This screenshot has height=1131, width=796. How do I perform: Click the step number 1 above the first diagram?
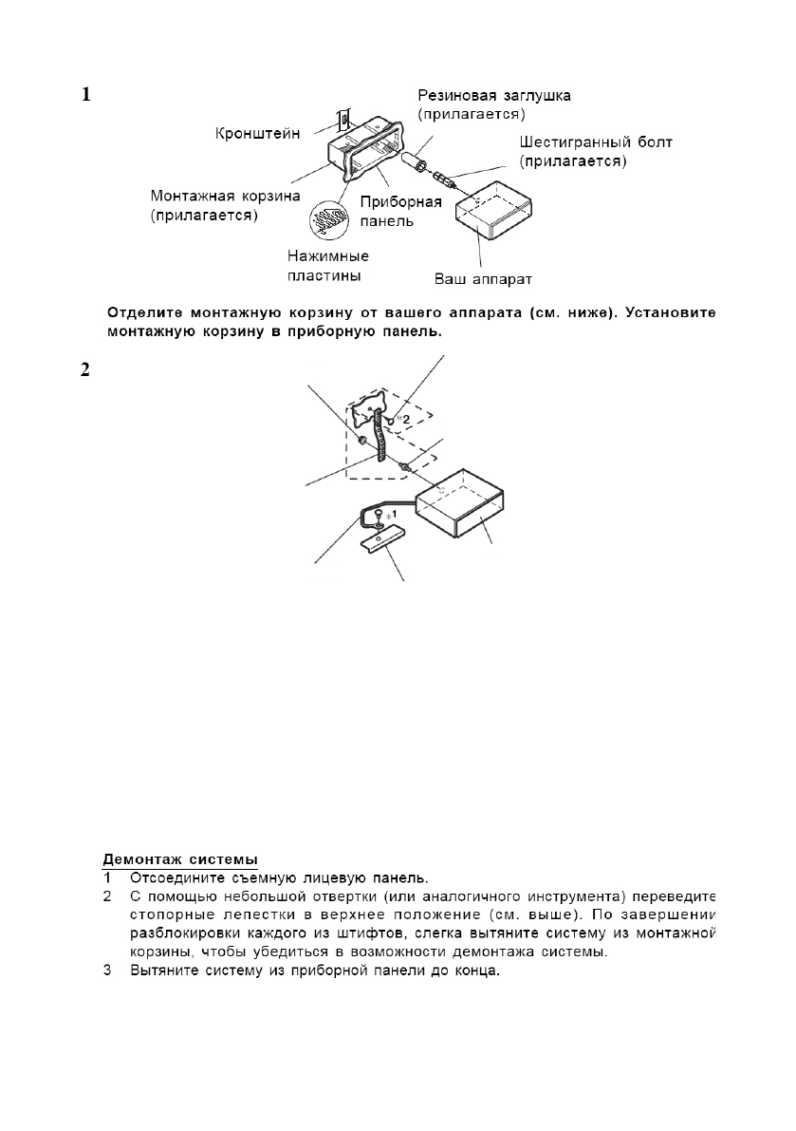pos(85,95)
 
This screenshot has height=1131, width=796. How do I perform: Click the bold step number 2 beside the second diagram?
pos(85,370)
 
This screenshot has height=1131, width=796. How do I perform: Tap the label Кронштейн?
pos(254,135)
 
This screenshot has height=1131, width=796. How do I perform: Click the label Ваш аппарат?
pos(484,279)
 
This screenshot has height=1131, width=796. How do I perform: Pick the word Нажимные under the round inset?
pos(327,256)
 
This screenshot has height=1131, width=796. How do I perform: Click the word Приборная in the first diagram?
pos(402,202)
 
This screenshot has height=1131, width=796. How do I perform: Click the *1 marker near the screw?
pos(386,512)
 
